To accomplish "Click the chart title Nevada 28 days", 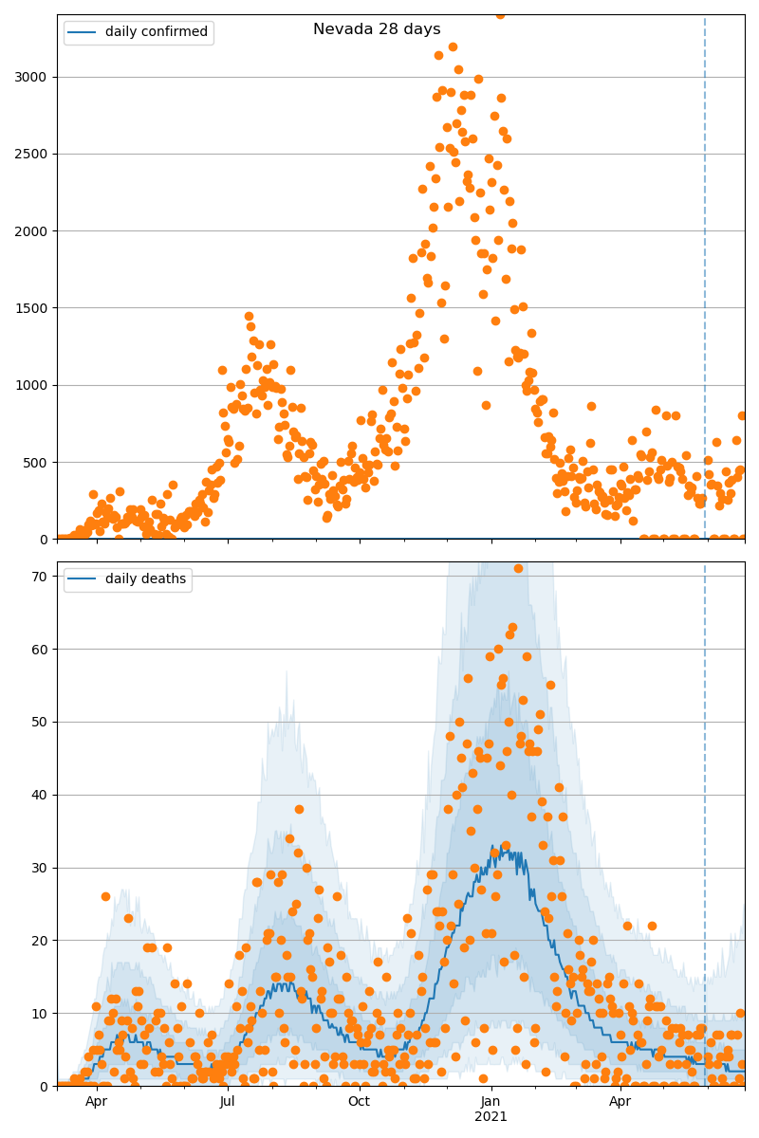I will click(377, 29).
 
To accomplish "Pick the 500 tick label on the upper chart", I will click(36, 463).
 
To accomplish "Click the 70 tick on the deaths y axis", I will click(39, 577).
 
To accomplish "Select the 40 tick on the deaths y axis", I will click(39, 795).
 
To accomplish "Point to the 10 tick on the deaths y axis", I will click(39, 1014).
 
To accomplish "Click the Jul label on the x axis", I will click(228, 1102).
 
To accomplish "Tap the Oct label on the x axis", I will click(359, 1102).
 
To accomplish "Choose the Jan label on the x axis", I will click(491, 1102).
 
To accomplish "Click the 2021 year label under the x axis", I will click(491, 1117).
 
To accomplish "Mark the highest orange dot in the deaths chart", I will click(518, 568).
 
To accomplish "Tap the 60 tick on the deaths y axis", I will click(39, 650).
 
